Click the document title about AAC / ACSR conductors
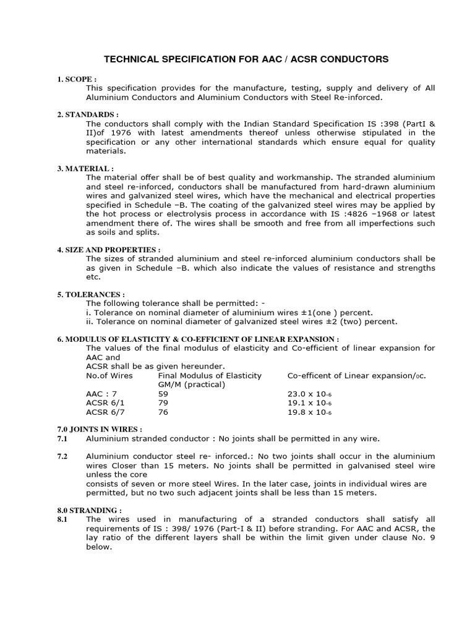pyautogui.click(x=246, y=59)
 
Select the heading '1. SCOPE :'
pyautogui.click(x=77, y=80)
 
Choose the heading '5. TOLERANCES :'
pyautogui.click(x=90, y=295)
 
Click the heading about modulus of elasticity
pyautogui.click(x=198, y=339)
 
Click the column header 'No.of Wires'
pyautogui.click(x=109, y=375)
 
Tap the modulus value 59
pyautogui.click(x=163, y=393)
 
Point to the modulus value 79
pyautogui.click(x=163, y=402)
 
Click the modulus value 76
pyautogui.click(x=163, y=412)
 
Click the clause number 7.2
pyautogui.click(x=62, y=456)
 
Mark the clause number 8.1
pyautogui.click(x=62, y=519)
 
